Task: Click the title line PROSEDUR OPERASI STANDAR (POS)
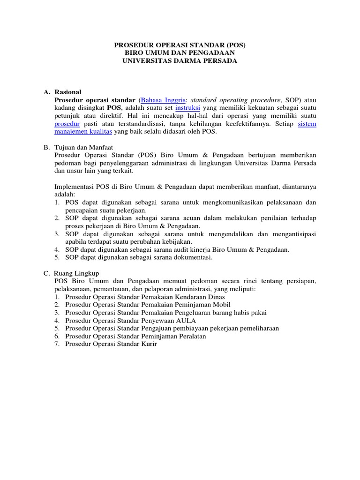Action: [x=180, y=45]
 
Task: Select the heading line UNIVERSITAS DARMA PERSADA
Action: [x=180, y=61]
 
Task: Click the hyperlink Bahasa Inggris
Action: [x=160, y=100]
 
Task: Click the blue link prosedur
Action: [x=67, y=124]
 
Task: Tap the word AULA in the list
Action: [x=185, y=320]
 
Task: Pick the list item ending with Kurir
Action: [x=111, y=344]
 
